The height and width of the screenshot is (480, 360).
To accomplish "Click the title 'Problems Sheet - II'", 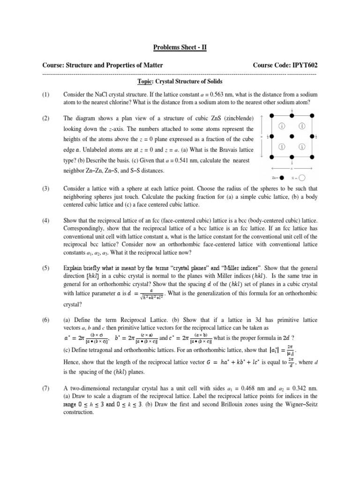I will (180, 47).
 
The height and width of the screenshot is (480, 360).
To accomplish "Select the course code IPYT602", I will (300, 65).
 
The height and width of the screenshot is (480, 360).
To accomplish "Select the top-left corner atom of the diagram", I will (272, 115).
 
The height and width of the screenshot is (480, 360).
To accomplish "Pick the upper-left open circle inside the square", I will (282, 126).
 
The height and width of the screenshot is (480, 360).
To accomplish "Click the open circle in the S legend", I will (302, 178).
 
